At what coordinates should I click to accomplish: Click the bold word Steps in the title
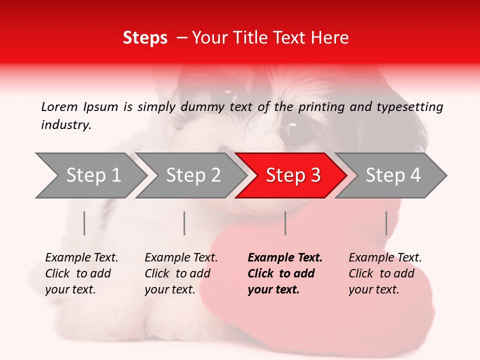coord(145,38)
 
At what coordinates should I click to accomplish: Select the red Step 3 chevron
coord(292,175)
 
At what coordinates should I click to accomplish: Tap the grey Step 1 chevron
coord(92,175)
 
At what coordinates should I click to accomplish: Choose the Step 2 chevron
coord(192,175)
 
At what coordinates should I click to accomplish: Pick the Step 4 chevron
coord(392,175)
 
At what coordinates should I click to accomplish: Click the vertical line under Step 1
coord(84,223)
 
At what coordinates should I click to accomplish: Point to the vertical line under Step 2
coord(184,223)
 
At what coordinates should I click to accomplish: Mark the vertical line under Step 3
coord(285,223)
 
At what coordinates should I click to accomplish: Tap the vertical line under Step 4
coord(386,223)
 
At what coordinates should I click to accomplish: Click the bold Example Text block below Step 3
coord(285,273)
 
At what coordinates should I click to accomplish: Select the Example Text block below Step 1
coord(81,273)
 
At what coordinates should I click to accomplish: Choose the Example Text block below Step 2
coord(181,273)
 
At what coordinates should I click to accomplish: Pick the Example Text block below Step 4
coord(385,273)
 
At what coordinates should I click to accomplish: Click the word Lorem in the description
coord(59,106)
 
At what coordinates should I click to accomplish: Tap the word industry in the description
coord(66,125)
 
